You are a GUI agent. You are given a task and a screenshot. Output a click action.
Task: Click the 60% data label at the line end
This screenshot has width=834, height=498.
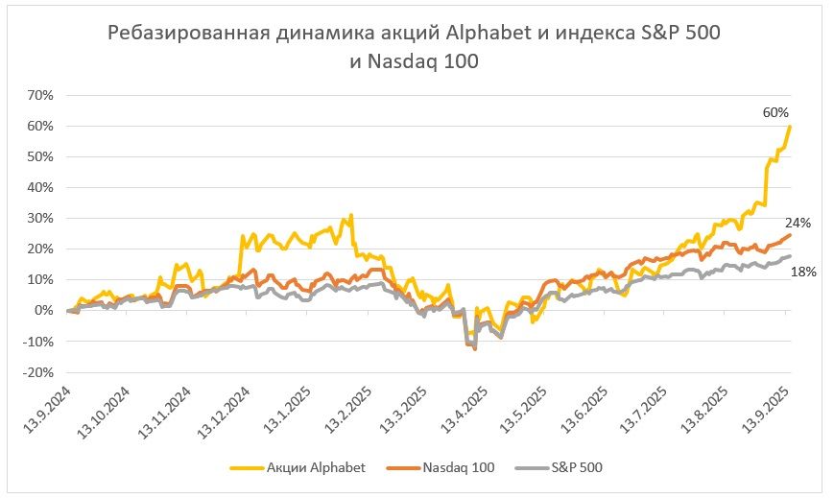775,112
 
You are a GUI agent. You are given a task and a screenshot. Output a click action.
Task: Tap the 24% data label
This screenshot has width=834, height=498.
799,223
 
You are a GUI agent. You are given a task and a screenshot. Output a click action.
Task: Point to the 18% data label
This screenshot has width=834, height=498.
802,272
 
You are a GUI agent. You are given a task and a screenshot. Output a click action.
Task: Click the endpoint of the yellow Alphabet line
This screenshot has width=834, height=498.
790,127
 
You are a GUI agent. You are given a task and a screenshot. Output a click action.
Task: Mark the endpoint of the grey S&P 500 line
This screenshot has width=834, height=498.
790,256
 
